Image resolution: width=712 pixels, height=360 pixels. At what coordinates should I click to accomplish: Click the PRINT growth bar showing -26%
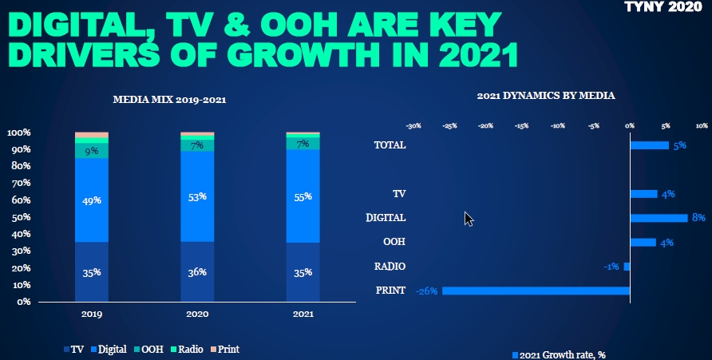point(536,291)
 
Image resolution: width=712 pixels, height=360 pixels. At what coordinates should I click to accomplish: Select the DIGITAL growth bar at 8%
point(659,218)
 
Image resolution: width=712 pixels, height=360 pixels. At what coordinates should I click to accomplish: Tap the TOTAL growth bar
point(649,145)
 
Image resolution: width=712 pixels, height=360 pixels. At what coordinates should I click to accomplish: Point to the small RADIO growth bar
point(627,266)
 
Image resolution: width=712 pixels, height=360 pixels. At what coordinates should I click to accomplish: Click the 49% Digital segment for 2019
point(92,200)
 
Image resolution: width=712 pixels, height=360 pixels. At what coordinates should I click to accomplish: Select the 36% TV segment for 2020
point(197,271)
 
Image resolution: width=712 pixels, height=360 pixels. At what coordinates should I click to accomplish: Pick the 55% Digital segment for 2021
point(303,196)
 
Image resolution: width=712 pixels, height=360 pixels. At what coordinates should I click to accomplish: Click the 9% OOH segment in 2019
point(92,151)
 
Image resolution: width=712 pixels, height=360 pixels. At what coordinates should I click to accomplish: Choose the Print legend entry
point(223,349)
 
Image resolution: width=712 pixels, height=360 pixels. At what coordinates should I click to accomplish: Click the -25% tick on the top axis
point(449,126)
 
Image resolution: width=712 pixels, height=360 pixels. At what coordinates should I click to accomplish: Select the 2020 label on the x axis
point(197,315)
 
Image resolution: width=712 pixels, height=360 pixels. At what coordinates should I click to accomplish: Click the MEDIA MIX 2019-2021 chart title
point(169,100)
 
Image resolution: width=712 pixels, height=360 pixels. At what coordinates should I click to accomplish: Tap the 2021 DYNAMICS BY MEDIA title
point(546,95)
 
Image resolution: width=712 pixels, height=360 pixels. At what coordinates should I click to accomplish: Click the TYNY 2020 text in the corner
point(671,7)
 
